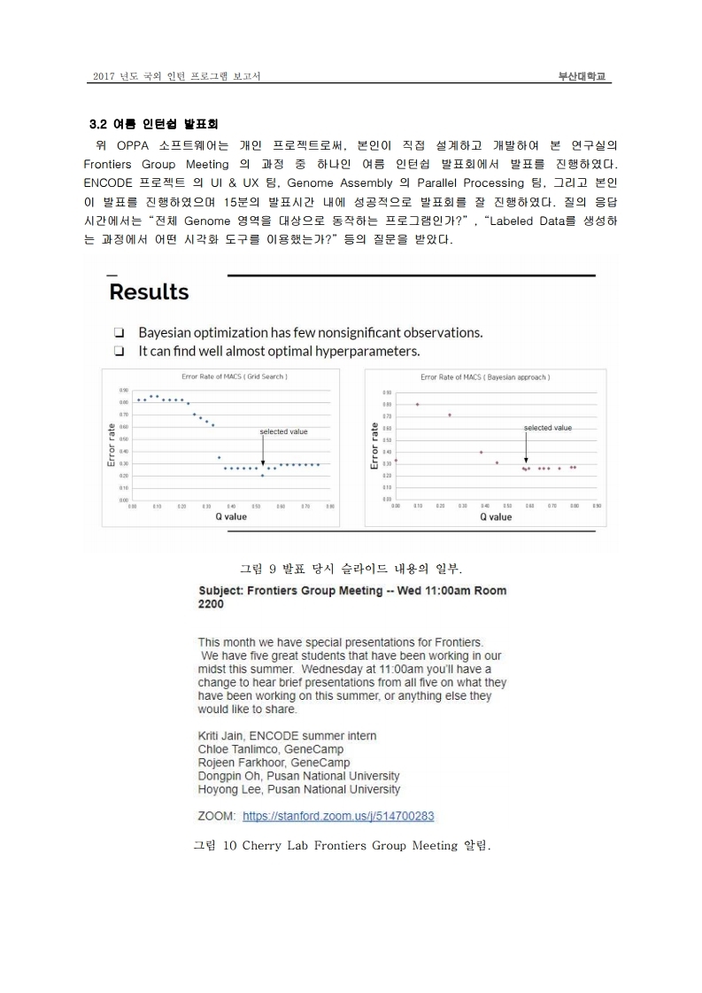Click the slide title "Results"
pyautogui.click(x=149, y=292)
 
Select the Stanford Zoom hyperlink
pyautogui.click(x=338, y=816)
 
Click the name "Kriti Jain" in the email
pyautogui.click(x=221, y=736)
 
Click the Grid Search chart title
pyautogui.click(x=229, y=376)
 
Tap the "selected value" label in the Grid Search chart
pyautogui.click(x=283, y=431)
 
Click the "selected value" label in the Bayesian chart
pyautogui.click(x=548, y=428)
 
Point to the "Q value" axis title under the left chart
pyautogui.click(x=230, y=516)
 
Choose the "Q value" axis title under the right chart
pyautogui.click(x=495, y=516)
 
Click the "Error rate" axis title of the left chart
pyautogui.click(x=112, y=444)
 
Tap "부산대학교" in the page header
pyautogui.click(x=581, y=77)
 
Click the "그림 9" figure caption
pyautogui.click(x=351, y=567)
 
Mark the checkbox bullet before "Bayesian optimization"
pyautogui.click(x=118, y=333)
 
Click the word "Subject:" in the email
pyautogui.click(x=222, y=590)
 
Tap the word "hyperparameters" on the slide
pyautogui.click(x=364, y=351)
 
